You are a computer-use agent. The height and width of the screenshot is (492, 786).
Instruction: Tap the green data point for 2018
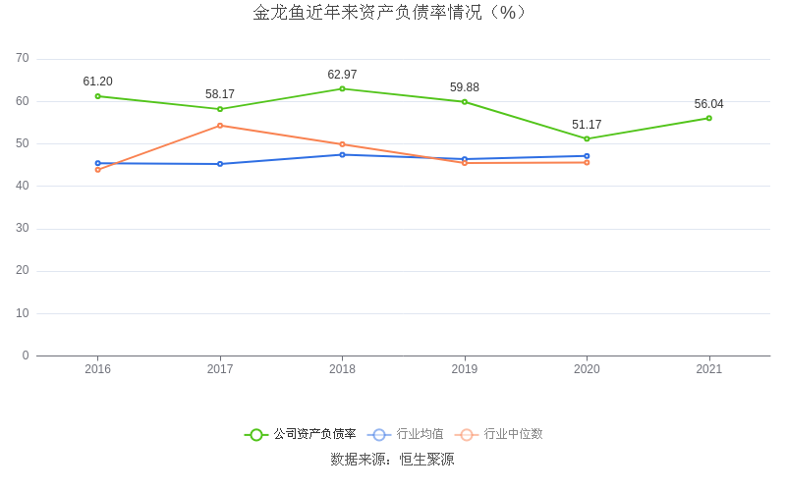click(342, 88)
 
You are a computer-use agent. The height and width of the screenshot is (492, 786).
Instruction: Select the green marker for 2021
click(709, 118)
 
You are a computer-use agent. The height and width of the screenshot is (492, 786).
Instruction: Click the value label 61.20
click(97, 82)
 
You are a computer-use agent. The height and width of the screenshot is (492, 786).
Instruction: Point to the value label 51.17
click(587, 125)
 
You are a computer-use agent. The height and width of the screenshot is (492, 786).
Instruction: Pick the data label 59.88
click(465, 87)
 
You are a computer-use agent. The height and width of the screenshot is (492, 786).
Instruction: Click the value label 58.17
click(220, 94)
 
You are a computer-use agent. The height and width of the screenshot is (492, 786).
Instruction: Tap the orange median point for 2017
click(220, 126)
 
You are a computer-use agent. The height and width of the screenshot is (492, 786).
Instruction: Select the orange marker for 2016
click(97, 170)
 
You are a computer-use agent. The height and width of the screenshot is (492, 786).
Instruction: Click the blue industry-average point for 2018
click(342, 154)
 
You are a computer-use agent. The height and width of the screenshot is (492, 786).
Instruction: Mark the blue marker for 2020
click(587, 156)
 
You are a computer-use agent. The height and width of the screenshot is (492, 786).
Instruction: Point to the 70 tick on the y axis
click(22, 59)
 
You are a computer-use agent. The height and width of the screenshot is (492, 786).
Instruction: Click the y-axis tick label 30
click(22, 229)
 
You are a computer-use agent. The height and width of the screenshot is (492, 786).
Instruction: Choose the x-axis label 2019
click(465, 369)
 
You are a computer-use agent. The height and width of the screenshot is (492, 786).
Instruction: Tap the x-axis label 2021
click(709, 369)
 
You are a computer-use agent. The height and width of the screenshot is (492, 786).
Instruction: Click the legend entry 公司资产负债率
click(301, 434)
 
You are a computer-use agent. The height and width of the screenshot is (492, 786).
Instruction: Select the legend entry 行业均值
click(406, 434)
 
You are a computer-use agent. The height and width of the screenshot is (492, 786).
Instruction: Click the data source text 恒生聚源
click(426, 460)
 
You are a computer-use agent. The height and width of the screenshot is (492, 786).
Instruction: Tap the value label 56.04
click(709, 104)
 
